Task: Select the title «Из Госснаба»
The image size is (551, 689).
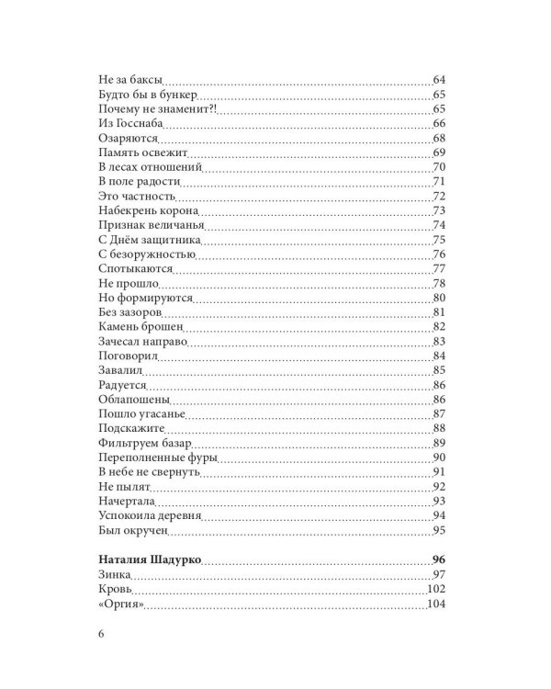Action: point(129,124)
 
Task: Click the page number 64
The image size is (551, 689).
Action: point(438,80)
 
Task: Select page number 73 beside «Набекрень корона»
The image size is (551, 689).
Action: point(438,210)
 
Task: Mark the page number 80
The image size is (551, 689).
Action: point(438,298)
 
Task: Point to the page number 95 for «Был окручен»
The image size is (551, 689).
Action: point(438,530)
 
